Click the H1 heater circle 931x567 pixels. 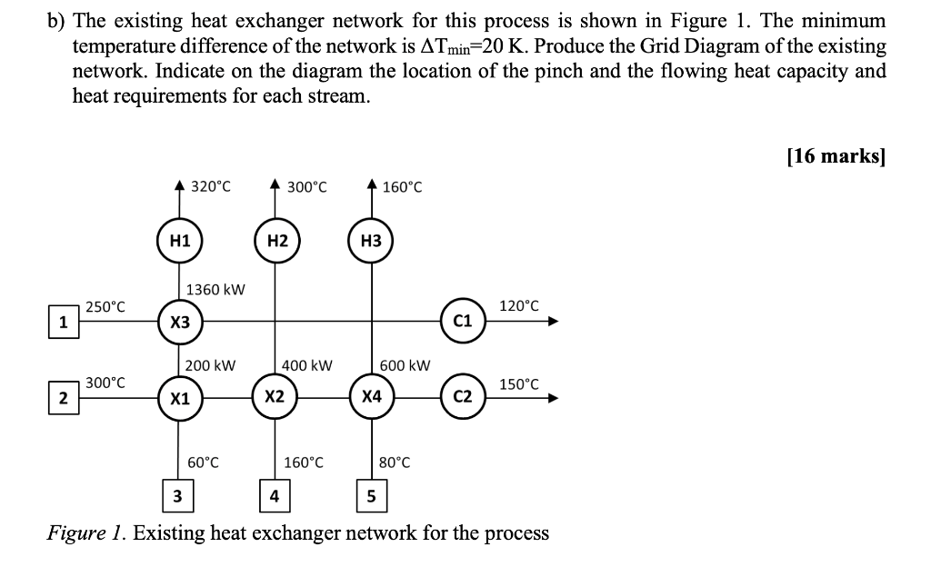(180, 241)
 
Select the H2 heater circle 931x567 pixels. (276, 241)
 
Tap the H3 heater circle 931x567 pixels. (371, 241)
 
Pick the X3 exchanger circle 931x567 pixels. (180, 322)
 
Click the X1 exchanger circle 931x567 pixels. (180, 398)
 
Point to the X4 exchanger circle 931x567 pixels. (371, 398)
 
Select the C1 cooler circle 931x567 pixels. (463, 321)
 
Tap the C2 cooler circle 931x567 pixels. (463, 398)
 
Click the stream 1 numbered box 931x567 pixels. (63, 322)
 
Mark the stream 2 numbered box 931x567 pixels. (63, 398)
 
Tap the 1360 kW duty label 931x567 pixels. (215, 290)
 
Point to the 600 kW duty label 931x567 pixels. (405, 365)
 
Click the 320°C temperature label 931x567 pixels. (211, 186)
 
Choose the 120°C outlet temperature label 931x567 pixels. (518, 305)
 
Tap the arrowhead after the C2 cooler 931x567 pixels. (550, 398)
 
